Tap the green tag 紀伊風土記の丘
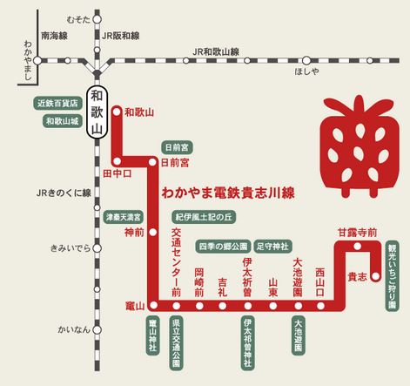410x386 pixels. [x=205, y=215]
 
